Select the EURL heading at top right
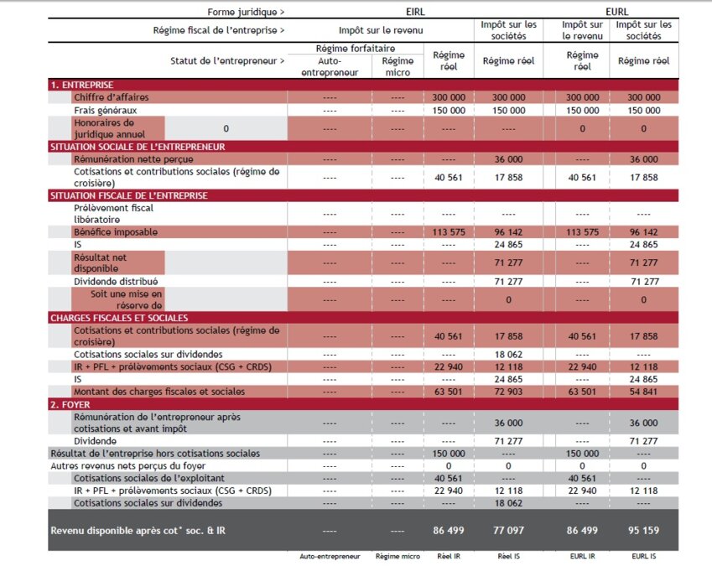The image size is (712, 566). [x=616, y=12]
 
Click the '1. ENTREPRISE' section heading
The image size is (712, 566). [x=81, y=85]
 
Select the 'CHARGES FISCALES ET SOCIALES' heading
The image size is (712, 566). [x=118, y=318]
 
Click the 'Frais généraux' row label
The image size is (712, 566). [x=105, y=110]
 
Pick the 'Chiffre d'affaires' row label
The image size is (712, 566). [x=112, y=97]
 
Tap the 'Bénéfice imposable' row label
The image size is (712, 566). [x=115, y=231]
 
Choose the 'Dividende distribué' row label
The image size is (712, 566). [x=116, y=281]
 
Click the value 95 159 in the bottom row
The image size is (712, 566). [x=644, y=530]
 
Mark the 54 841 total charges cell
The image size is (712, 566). [x=644, y=392]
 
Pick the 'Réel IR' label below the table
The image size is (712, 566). [x=450, y=557]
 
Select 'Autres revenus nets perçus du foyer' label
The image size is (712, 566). [x=128, y=465]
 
